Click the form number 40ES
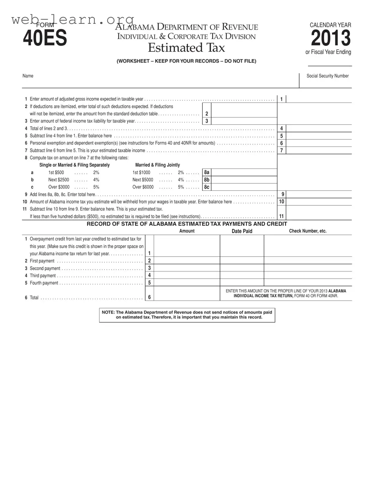pos(45,39)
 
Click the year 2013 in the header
pos(331,38)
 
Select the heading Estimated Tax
pos(186,48)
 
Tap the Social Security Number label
pos(327,76)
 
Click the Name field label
pos(28,76)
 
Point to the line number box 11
pos(281,216)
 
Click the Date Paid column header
pos(242,231)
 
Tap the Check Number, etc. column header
pos(308,231)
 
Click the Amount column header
pos(187,231)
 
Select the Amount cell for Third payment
pos(186,275)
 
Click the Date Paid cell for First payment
pos(242,261)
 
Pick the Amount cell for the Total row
pos(186,294)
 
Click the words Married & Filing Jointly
pos(158,165)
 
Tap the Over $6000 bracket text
pos(143,187)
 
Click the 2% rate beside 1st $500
pos(96,173)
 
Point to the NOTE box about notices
pos(187,315)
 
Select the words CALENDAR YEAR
pos(330,25)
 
